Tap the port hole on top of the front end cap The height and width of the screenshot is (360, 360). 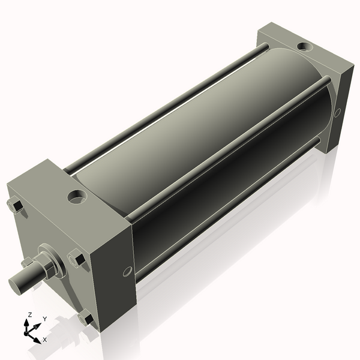pos(77,196)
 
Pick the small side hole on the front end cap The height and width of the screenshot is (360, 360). pos(127,272)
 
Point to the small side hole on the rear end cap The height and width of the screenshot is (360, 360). pos(337,112)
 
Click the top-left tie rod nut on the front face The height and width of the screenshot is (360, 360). pos(16,206)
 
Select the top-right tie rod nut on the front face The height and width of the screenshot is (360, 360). pos(76,259)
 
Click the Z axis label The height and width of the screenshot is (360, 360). pos(29,314)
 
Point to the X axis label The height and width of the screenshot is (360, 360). pos(45,339)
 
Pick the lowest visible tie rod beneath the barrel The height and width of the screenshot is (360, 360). pos(228,207)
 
